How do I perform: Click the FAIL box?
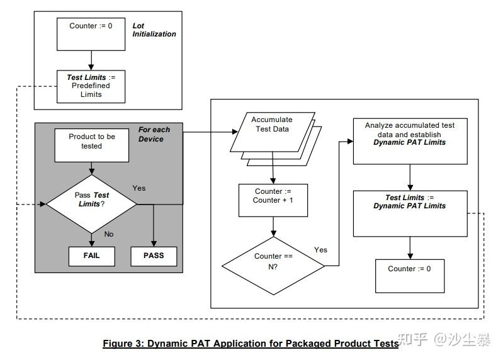click(91, 256)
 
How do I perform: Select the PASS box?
click(154, 256)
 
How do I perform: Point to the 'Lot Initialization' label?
click(154, 30)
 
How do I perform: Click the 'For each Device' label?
click(154, 134)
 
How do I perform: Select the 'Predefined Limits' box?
click(91, 86)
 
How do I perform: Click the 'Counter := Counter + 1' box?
click(272, 196)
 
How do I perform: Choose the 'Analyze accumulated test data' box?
click(409, 134)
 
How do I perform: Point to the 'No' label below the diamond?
click(108, 233)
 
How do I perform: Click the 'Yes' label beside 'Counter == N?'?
click(320, 250)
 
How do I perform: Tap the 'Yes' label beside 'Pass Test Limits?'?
click(139, 188)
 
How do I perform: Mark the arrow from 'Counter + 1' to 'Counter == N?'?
click(272, 226)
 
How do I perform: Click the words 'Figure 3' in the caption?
click(123, 344)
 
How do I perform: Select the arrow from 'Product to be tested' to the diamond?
click(92, 167)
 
